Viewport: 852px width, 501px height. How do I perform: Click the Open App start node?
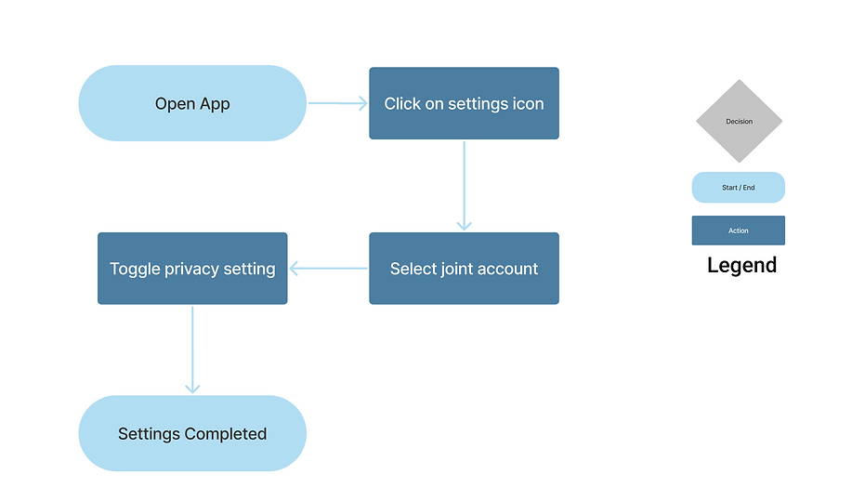click(192, 103)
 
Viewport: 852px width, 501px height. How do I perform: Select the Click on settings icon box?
click(464, 103)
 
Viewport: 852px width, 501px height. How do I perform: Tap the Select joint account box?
click(464, 269)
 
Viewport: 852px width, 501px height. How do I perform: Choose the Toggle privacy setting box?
click(192, 269)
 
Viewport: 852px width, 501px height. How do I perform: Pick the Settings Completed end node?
click(192, 433)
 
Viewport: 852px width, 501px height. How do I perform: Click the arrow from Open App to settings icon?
click(337, 103)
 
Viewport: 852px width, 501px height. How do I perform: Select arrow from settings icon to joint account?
click(464, 185)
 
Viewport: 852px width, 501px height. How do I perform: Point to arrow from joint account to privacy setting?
click(328, 269)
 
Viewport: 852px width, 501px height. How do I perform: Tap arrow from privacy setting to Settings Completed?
click(192, 349)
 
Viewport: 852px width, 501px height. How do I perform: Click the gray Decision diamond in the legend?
click(739, 122)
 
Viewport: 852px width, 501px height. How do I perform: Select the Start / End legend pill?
click(738, 188)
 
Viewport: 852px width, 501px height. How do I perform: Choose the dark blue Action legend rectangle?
click(738, 231)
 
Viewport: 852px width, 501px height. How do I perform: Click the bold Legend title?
click(741, 265)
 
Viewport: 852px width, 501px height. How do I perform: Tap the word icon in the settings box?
click(528, 104)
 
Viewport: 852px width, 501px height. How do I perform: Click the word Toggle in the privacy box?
click(135, 269)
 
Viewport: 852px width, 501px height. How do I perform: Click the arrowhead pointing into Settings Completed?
click(192, 389)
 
